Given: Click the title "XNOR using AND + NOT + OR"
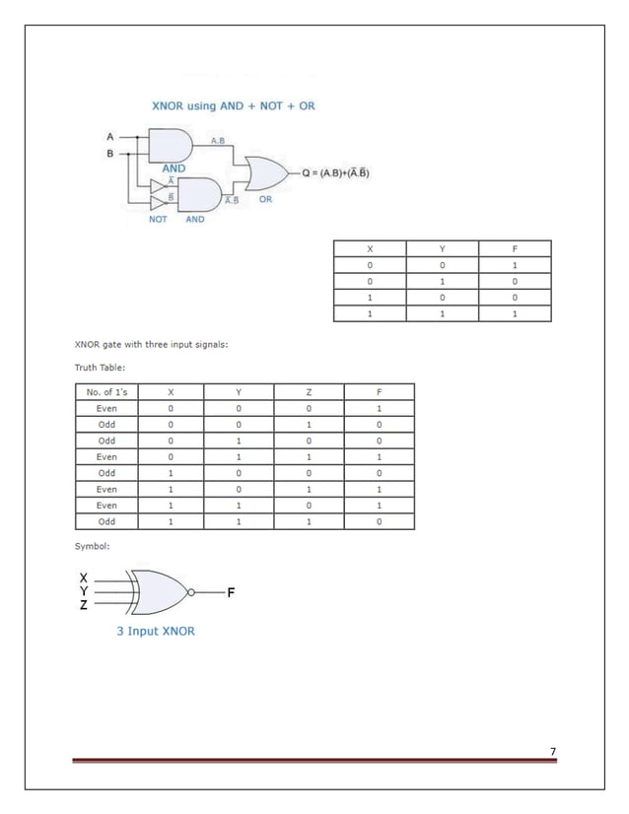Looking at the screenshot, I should coord(233,105).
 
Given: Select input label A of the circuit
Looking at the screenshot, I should coord(109,135).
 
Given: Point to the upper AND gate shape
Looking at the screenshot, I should coord(167,147).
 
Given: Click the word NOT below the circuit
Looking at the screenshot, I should coord(158,219).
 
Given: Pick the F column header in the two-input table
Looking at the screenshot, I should coord(515,248).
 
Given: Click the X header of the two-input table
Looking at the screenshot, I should coord(370,248).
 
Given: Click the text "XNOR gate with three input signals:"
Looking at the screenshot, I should coord(152,345).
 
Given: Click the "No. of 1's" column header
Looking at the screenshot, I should coord(107,392).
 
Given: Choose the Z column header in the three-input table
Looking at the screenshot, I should coord(310,392).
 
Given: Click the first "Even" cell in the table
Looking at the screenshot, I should coord(107,408).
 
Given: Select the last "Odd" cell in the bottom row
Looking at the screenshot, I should coord(107,521).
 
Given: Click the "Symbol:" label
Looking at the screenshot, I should coord(93,545).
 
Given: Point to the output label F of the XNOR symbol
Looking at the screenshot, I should coord(231,592).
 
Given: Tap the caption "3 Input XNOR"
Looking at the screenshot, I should coord(156,631).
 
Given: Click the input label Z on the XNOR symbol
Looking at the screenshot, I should coord(84,605).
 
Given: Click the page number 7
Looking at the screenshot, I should coord(553,752).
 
